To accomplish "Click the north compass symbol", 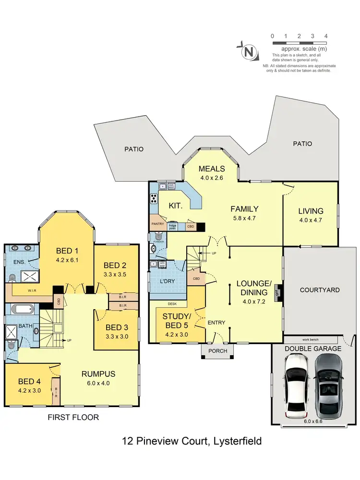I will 248,52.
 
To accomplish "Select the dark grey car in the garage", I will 330,387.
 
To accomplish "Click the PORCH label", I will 215,351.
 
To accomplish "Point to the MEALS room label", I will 212,168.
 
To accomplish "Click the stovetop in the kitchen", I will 155,198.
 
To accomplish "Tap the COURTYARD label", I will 320,290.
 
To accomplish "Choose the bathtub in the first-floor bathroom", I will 22,310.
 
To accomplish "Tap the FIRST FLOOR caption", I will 73,418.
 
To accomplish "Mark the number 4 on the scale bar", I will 326,36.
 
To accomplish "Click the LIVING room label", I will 311,211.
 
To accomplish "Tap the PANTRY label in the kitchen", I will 158,224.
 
